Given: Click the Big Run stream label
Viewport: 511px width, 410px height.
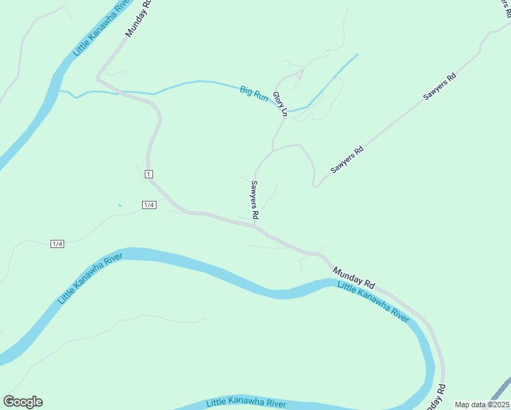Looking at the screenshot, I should coord(254,93).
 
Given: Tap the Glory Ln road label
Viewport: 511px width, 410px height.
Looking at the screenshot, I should coord(280,103).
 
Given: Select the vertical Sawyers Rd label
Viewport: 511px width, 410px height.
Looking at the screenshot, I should coord(254,199).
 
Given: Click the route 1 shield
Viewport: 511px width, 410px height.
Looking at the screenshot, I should coord(148,175).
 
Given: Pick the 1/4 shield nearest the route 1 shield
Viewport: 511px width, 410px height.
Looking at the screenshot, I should coord(149,205).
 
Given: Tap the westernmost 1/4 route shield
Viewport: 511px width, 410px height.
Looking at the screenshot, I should coord(57,244).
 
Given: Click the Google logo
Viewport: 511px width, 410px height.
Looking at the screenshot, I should coord(23,402).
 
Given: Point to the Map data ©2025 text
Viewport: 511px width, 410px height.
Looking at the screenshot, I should coord(481,405).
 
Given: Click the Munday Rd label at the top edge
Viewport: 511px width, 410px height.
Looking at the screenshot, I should coord(137,18).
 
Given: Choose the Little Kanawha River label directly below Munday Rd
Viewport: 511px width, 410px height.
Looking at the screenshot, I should coord(374,301).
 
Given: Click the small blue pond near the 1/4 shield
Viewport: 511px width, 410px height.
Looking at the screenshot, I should coord(120,204).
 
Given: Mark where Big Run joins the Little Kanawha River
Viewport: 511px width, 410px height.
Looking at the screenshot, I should coord(60,90).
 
